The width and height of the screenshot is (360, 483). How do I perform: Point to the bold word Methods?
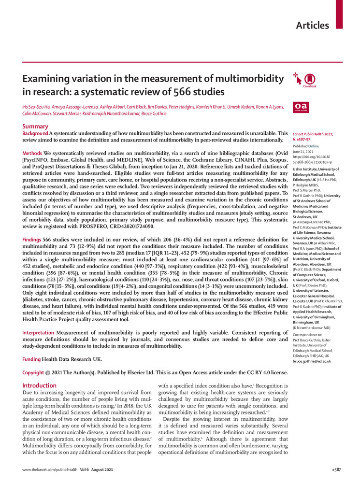pos(32,153)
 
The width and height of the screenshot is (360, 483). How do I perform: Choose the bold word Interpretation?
pos(39,333)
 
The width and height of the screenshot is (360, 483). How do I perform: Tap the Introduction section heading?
pos(40,385)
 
